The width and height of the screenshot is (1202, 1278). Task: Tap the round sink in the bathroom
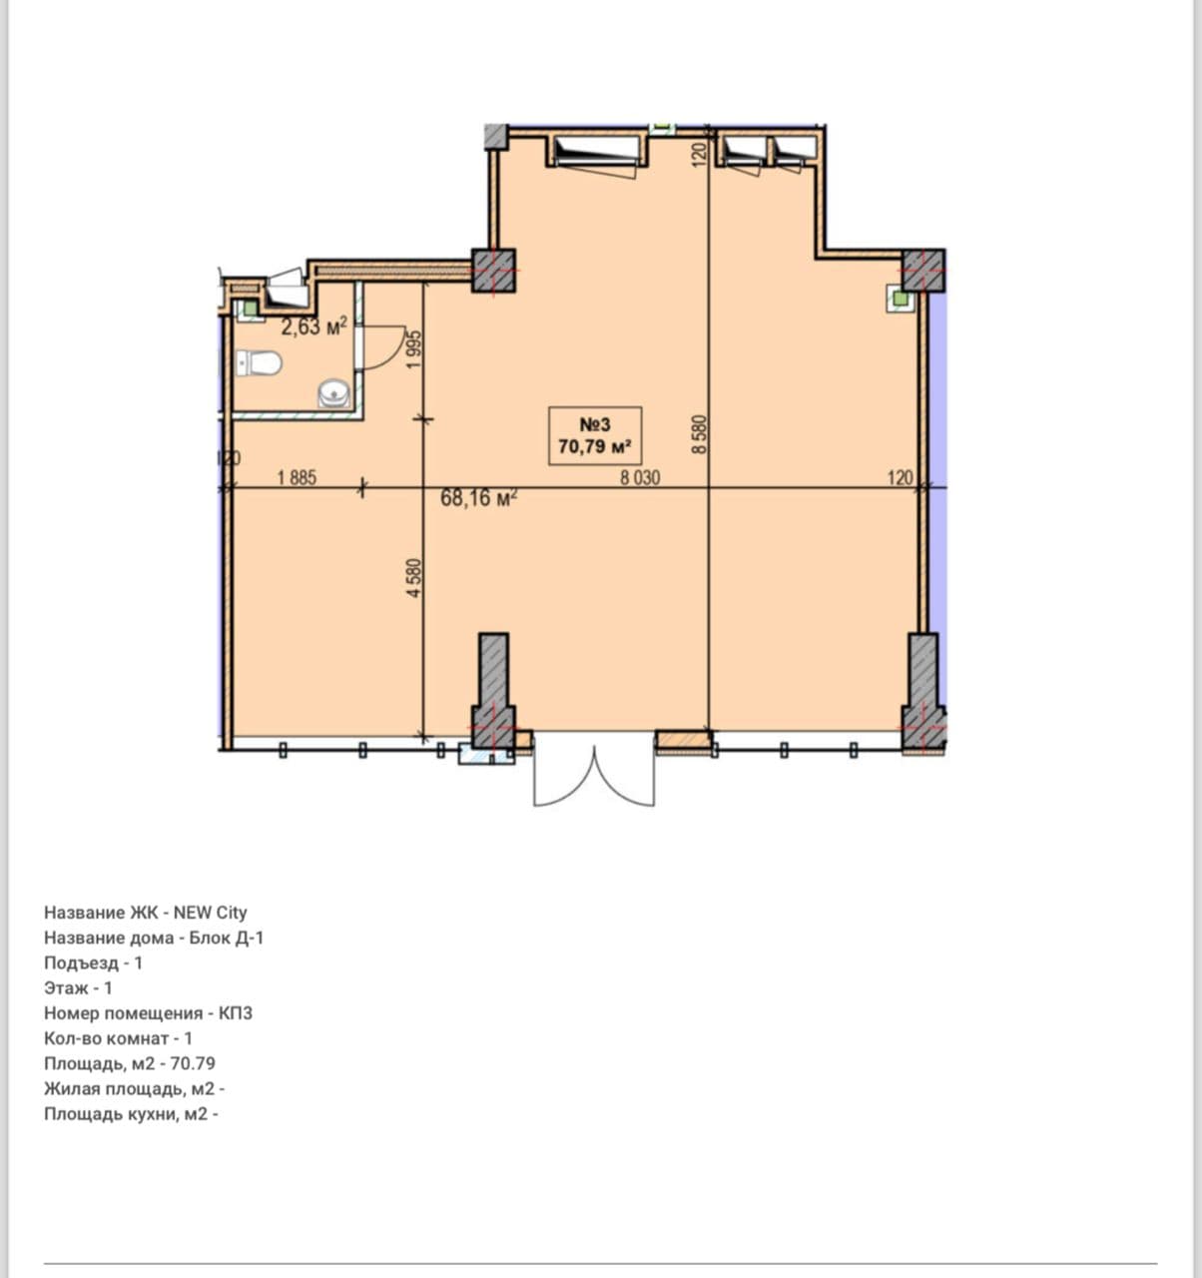click(334, 392)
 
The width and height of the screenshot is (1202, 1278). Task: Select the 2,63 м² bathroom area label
click(314, 326)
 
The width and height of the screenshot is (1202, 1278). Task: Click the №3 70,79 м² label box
click(595, 435)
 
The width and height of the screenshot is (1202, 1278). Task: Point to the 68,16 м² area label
click(479, 497)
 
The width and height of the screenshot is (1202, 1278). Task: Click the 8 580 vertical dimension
click(700, 433)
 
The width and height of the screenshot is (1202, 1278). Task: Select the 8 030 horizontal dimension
click(640, 477)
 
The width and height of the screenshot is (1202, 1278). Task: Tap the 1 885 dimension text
click(298, 477)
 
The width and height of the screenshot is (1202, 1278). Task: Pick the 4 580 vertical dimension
click(414, 577)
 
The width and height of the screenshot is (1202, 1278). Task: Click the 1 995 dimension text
click(414, 349)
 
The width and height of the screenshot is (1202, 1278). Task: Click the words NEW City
click(211, 913)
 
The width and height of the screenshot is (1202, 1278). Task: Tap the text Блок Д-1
click(227, 938)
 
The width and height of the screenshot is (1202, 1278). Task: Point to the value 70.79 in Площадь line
click(193, 1063)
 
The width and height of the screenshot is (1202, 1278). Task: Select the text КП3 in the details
click(236, 1013)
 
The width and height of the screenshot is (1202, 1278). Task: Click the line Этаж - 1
click(79, 987)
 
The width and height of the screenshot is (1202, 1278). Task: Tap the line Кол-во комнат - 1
click(119, 1038)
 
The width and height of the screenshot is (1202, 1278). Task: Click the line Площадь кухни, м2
click(131, 1114)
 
